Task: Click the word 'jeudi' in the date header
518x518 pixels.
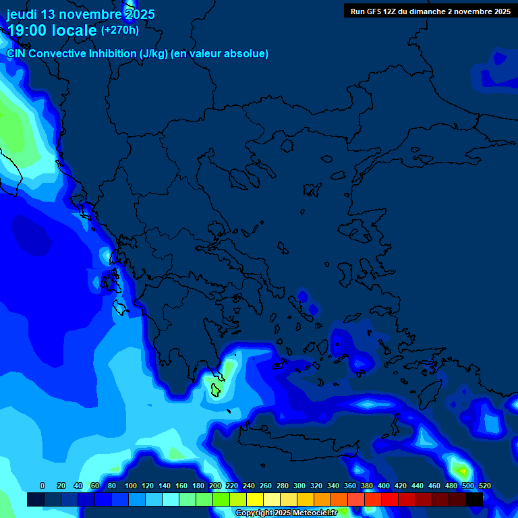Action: coord(22,14)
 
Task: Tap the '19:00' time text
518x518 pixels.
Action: coord(28,30)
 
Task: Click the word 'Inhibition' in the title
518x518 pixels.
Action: coord(111,53)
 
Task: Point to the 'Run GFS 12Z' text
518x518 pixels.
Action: coord(373,11)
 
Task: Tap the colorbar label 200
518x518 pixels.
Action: coord(215,486)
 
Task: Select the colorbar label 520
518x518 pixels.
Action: coord(484,486)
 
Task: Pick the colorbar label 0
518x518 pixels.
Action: coord(42,486)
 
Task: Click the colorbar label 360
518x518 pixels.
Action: coord(350,486)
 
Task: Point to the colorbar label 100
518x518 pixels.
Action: coord(131,486)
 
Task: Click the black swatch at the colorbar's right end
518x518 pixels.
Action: coord(474,500)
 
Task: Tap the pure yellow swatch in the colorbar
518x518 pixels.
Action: coord(255,500)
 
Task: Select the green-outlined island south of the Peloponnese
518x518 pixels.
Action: coord(216,390)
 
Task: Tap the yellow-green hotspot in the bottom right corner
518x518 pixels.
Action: coord(461,469)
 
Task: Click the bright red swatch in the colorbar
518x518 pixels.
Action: coord(390,500)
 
